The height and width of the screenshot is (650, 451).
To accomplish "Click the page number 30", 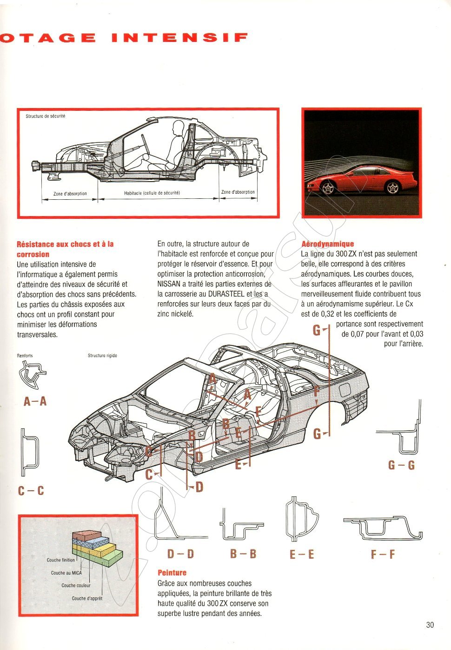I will (430, 625).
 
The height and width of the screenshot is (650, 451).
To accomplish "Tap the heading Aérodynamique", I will (327, 244).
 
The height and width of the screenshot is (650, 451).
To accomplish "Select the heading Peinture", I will (172, 573).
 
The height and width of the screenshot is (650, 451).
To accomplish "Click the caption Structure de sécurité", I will (45, 116).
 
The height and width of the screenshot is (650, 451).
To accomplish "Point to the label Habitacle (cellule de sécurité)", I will (152, 193).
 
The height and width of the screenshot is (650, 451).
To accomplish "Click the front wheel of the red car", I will (328, 188).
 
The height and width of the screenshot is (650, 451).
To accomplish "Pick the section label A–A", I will (35, 401).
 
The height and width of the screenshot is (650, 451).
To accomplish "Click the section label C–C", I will (31, 491).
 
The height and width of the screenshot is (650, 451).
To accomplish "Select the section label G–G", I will (401, 465).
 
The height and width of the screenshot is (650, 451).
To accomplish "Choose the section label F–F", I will (383, 554).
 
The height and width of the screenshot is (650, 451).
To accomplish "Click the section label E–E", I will (302, 554).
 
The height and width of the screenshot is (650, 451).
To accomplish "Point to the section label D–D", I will (180, 554).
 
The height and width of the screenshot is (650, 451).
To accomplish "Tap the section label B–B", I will (243, 554).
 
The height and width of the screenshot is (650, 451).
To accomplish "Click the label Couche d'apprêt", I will (87, 598).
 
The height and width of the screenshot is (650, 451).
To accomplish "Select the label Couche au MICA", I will (66, 573).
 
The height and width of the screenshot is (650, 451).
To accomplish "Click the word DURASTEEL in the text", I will (226, 294).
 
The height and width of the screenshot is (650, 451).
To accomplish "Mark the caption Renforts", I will (25, 356).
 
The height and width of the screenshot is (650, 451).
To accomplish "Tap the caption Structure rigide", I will (102, 356).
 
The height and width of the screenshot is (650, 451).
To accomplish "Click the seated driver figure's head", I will (178, 126).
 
